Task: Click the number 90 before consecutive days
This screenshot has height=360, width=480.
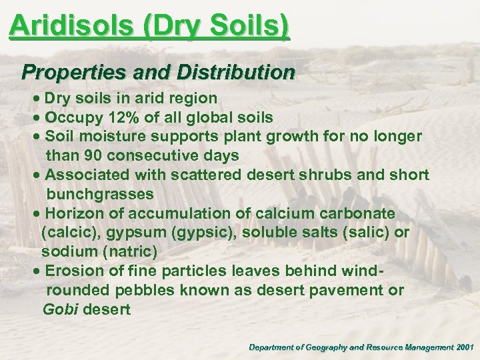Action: (x=89, y=155)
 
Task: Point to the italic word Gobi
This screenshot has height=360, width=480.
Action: (x=59, y=310)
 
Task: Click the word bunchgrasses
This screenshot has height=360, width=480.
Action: (x=100, y=194)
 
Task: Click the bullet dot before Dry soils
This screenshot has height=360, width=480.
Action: (x=37, y=99)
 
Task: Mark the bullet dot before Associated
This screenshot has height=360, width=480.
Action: (x=37, y=175)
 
